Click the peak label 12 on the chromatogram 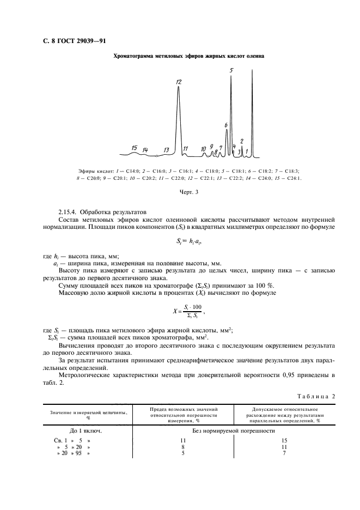(178, 82)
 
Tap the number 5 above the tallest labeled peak (231, 70)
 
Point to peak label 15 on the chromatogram (134, 148)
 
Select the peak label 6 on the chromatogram (225, 125)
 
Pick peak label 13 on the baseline (166, 150)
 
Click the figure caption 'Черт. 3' (188, 192)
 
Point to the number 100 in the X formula (193, 307)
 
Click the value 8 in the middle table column (183, 446)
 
